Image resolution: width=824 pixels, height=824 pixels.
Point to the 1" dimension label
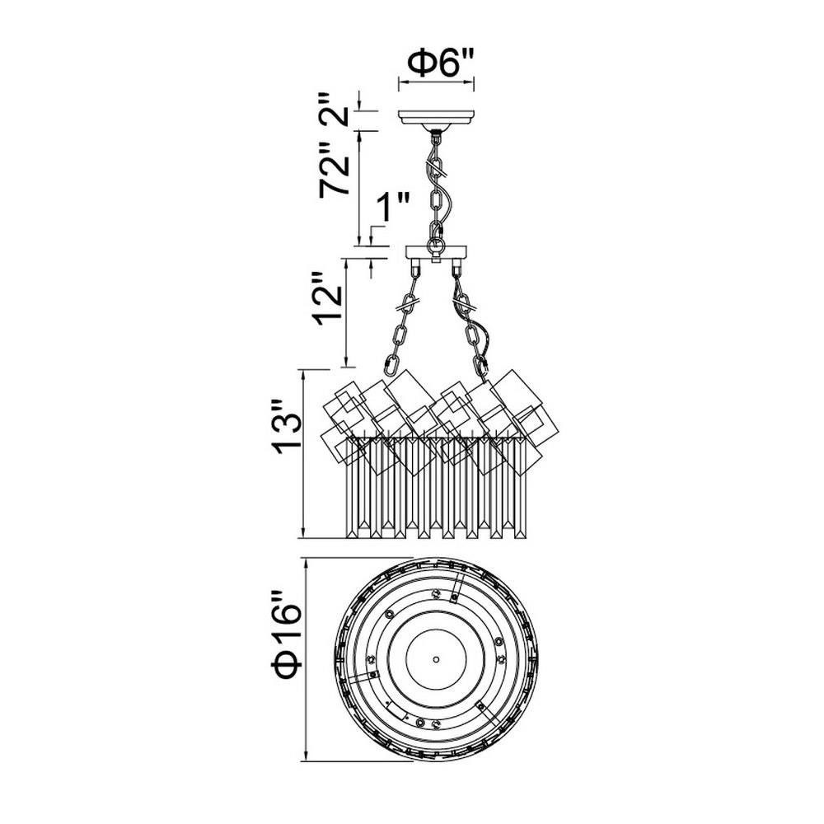point(392,208)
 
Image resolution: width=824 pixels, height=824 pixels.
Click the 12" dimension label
point(327,298)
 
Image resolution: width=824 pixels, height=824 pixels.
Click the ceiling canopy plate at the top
point(436,118)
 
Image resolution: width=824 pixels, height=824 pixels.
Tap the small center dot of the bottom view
point(436,658)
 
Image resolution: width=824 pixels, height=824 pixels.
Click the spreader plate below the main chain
point(436,253)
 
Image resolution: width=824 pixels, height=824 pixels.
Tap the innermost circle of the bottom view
point(436,658)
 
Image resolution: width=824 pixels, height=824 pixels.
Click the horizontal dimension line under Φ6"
point(436,82)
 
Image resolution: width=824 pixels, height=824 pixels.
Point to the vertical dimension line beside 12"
point(346,312)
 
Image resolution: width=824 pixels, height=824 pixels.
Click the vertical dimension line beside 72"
point(359,187)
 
